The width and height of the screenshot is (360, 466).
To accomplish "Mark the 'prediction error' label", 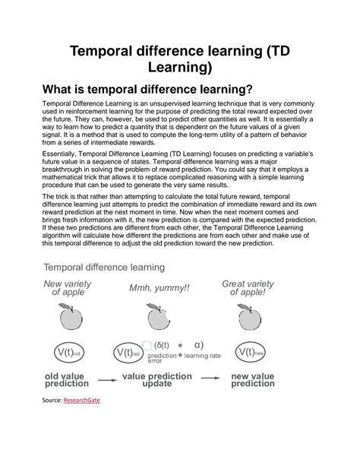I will [x=162, y=358].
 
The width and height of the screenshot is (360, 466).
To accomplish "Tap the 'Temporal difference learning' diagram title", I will [x=103, y=267].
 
